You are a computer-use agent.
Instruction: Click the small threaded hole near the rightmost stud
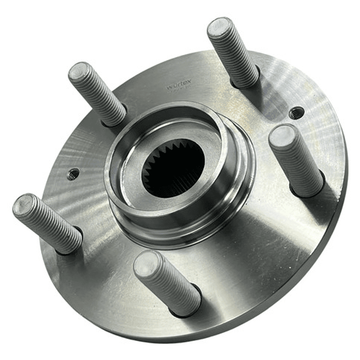[296, 113]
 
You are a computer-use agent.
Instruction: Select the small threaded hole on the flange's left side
[73, 174]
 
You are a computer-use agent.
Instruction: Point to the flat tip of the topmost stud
[220, 28]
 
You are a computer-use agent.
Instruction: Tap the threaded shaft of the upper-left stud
[100, 95]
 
